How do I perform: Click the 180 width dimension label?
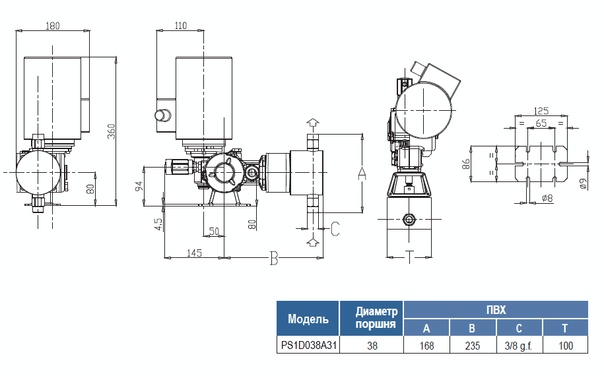tap(53, 26)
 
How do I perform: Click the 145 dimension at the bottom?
tap(194, 253)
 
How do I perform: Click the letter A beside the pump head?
tap(361, 173)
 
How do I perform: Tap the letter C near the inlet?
tap(335, 229)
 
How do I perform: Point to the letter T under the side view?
tap(409, 257)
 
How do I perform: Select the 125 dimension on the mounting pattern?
tap(541, 111)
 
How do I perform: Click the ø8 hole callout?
tap(547, 199)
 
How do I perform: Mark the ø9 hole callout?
tap(583, 184)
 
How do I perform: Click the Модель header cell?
tap(308, 320)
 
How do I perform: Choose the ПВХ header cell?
tap(496, 309)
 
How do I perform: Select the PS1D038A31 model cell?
tap(308, 345)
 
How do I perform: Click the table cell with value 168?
tap(426, 345)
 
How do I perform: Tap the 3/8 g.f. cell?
tap(519, 345)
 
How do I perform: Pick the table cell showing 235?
tap(472, 345)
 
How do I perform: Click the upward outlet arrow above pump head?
tap(313, 123)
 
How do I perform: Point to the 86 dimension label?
tap(466, 165)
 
